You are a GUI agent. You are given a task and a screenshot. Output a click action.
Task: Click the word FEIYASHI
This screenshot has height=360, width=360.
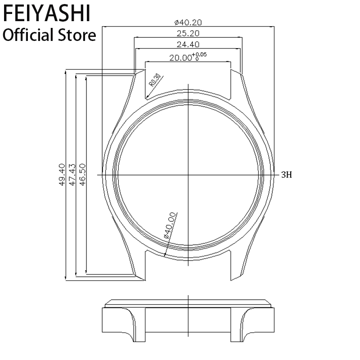47,13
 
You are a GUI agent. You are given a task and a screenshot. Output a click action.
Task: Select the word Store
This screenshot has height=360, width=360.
76,35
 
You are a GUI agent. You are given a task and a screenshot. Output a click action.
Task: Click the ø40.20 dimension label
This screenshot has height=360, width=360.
188,22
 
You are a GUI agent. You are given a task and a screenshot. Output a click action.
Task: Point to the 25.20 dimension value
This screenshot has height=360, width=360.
188,33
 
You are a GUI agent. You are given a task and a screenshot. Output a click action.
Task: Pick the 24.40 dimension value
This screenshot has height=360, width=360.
188,45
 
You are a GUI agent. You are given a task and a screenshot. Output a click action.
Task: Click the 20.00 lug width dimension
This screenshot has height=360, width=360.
180,58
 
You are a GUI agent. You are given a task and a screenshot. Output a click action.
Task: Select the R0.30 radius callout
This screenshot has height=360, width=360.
155,80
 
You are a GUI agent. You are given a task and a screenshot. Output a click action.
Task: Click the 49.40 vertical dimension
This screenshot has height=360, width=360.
62,175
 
